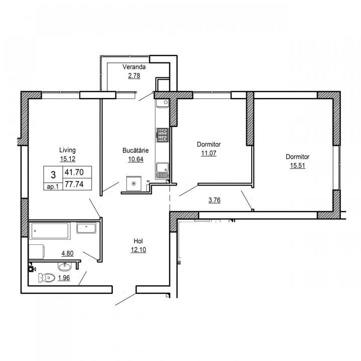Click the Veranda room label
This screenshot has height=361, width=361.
point(134,67)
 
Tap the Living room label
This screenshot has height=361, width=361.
point(68,150)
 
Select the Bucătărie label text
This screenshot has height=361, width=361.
point(135,150)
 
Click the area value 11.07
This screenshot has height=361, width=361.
point(209,153)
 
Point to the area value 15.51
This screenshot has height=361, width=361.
point(297,165)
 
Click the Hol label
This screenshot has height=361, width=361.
point(138,241)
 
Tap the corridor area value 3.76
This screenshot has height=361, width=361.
point(215,200)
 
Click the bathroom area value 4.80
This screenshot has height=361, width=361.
point(68,254)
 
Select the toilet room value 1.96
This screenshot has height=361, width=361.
point(64,278)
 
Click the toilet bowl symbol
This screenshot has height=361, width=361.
point(47,278)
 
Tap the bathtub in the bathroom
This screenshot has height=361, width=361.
point(50,230)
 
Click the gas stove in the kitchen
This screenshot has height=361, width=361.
point(162,135)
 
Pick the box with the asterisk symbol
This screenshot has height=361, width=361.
point(134,184)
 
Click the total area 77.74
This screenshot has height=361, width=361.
point(74,184)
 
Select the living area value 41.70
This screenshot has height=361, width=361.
point(74,172)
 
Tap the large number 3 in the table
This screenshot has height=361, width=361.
point(53,175)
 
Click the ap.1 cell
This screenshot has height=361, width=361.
point(53,187)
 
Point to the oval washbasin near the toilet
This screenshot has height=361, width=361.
point(65,267)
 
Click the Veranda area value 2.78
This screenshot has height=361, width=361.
point(134,76)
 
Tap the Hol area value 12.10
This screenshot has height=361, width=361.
point(138,250)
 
